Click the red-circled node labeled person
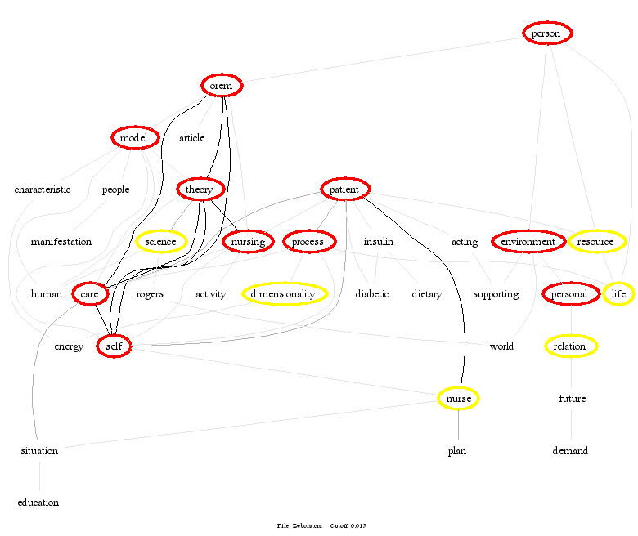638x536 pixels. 546,33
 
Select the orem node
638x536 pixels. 222,86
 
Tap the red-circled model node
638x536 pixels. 134,138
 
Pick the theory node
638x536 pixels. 199,190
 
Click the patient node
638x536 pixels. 345,190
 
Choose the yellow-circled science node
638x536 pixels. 160,242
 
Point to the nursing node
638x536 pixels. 248,242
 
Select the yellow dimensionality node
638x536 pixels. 284,294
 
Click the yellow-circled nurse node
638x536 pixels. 458,399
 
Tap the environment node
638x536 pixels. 528,242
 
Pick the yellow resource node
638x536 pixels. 596,242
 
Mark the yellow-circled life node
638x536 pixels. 618,294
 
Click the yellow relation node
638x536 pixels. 570,346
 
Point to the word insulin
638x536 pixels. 378,242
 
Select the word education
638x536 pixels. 38,502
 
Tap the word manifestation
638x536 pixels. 61,242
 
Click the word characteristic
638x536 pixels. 43,190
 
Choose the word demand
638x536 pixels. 570,450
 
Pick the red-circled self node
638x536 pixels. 114,346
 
